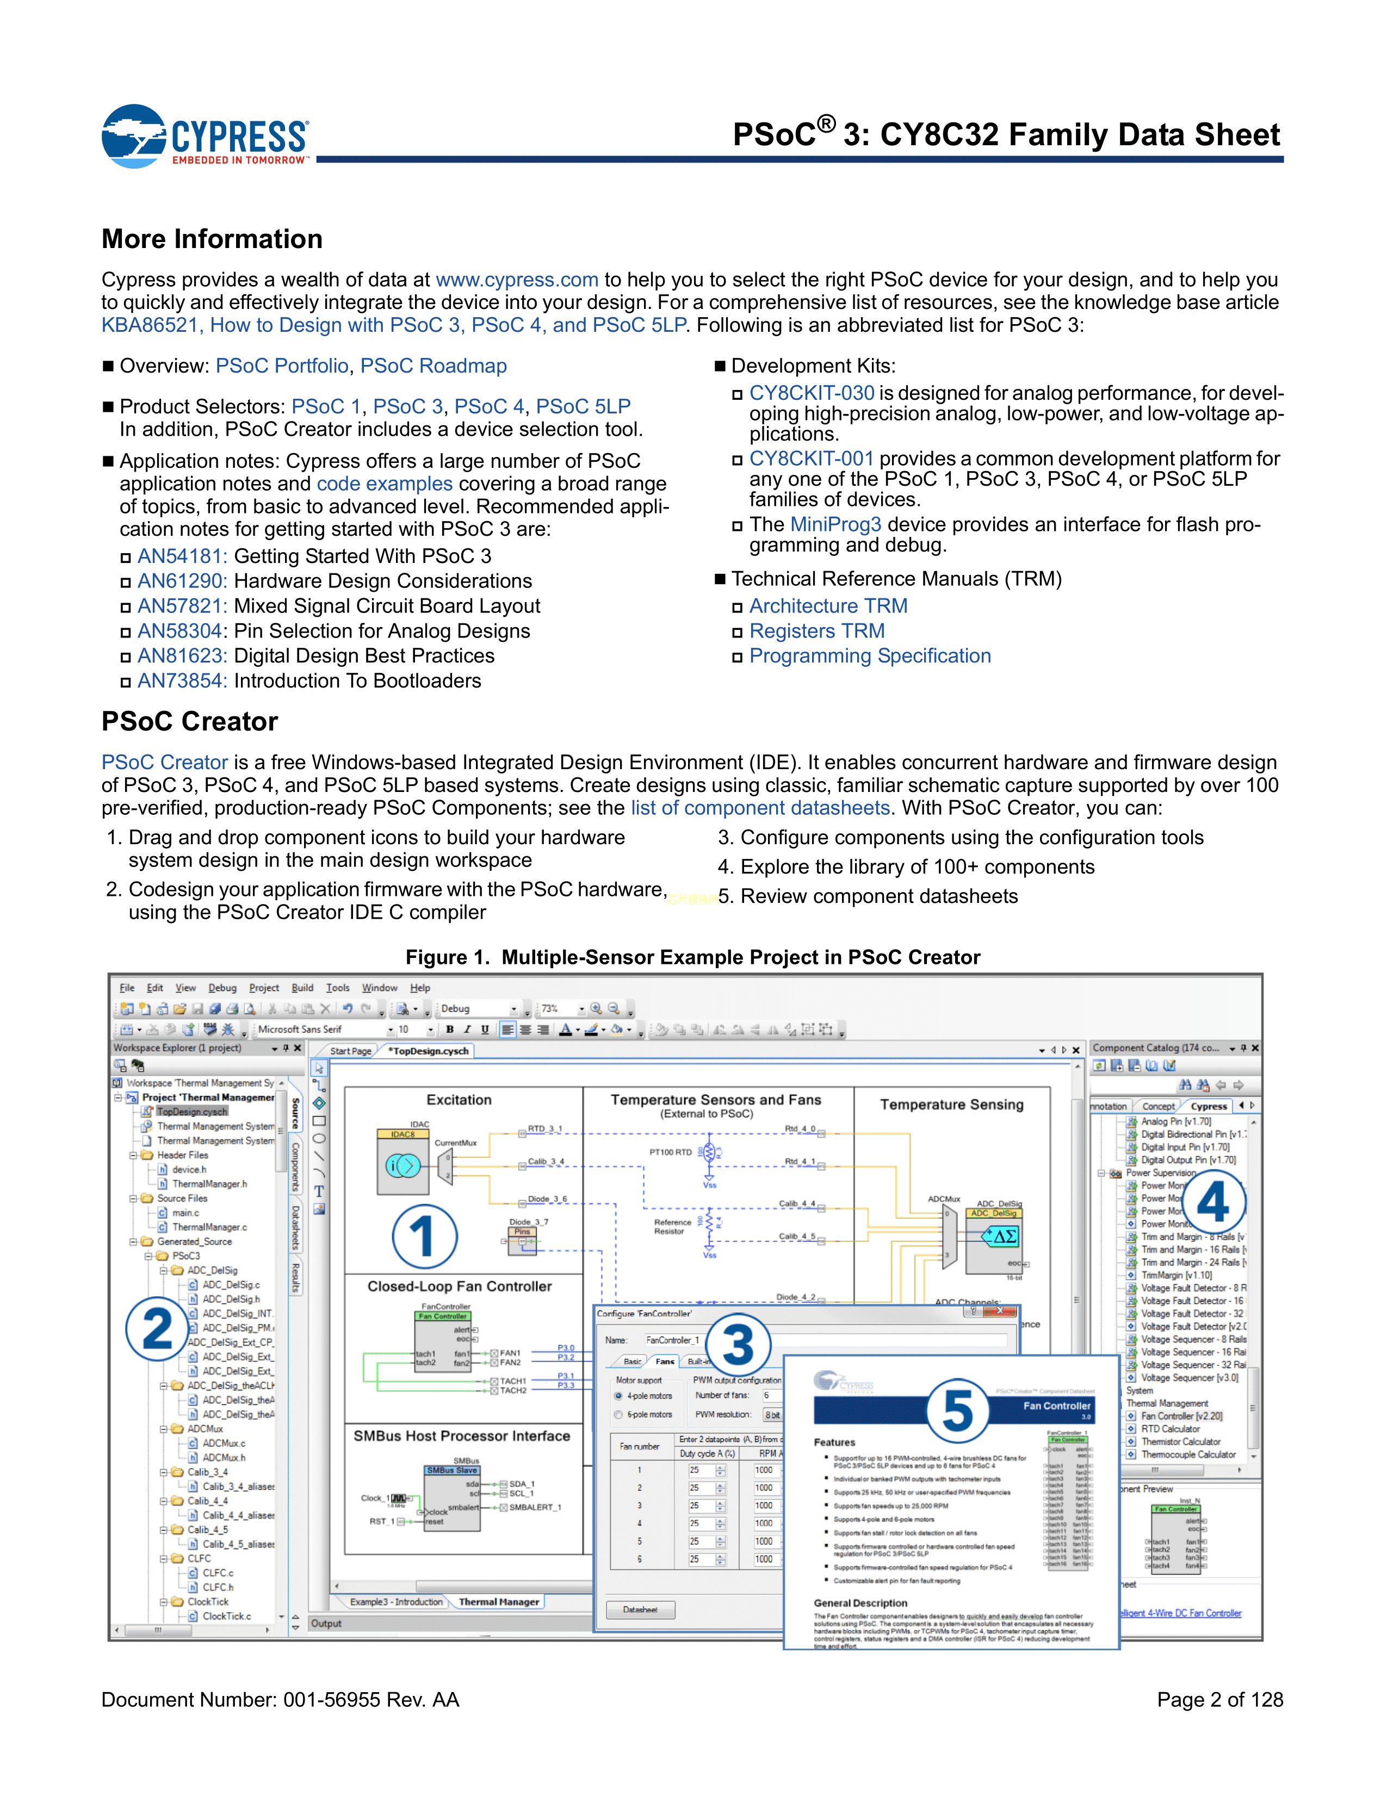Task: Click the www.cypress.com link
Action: click(x=517, y=280)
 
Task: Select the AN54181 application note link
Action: click(x=181, y=556)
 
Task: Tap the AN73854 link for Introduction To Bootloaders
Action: click(x=181, y=682)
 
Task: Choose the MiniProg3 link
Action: click(x=835, y=524)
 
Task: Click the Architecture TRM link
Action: click(x=828, y=606)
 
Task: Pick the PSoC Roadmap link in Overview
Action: click(x=433, y=366)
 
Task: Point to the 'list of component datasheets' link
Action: click(x=760, y=808)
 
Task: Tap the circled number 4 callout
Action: click(x=1213, y=1202)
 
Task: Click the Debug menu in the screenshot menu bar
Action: click(x=222, y=988)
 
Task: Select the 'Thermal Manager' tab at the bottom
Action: click(x=499, y=1602)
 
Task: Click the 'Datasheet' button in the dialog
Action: click(x=640, y=1610)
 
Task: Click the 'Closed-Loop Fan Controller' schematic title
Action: click(x=459, y=1286)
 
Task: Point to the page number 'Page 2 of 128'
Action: click(x=1219, y=1700)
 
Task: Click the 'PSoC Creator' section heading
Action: click(x=190, y=722)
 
